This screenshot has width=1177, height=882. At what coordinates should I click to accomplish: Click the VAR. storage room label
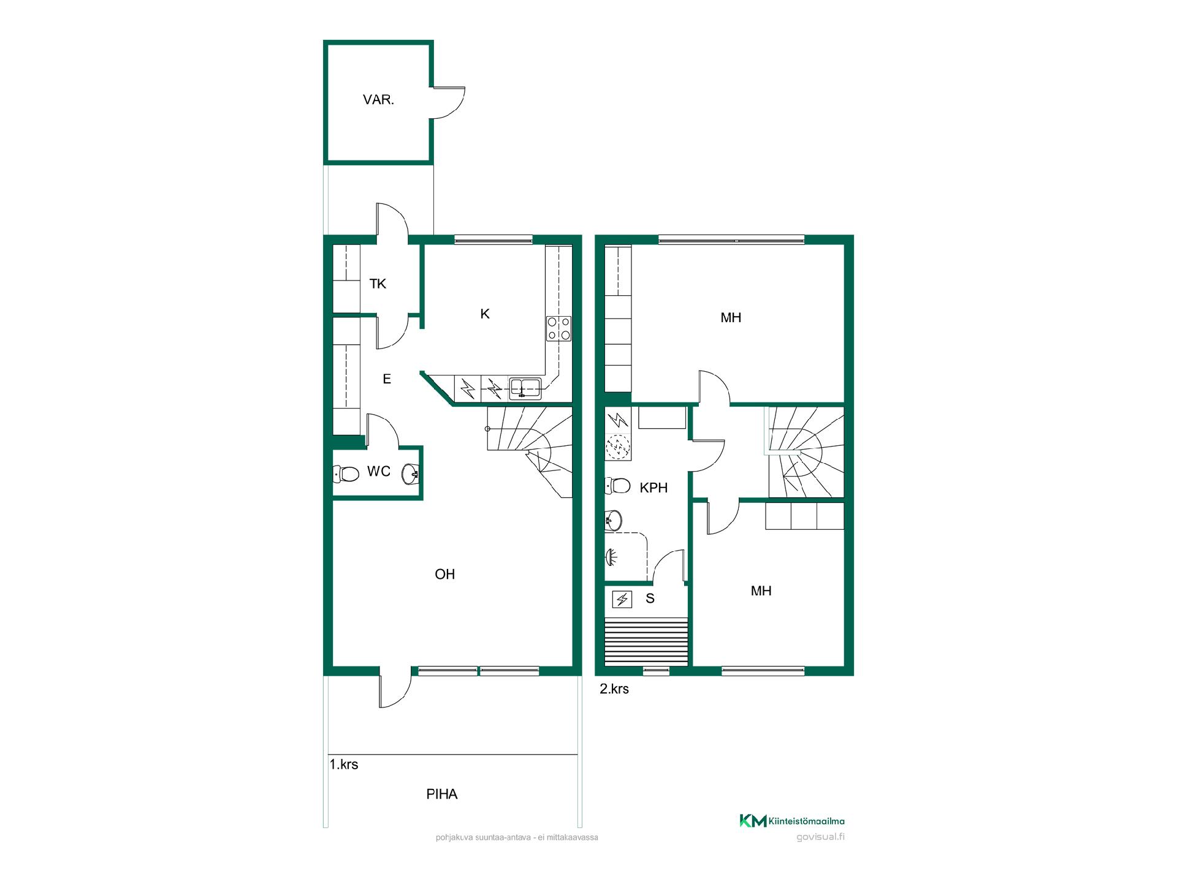coord(378,100)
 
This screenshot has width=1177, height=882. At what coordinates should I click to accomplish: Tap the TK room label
coord(378,284)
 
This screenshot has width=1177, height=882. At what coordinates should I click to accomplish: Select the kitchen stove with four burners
coord(558,328)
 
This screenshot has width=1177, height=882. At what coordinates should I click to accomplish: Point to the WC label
coord(379,472)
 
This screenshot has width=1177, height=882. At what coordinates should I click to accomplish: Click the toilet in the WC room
coord(346,474)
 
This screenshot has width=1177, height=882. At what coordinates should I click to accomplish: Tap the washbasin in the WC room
coord(411,473)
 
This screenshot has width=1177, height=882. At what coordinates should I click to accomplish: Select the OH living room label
coord(445,575)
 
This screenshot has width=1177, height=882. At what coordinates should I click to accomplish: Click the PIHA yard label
coord(442,794)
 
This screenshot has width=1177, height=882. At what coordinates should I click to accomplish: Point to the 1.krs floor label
coord(344,764)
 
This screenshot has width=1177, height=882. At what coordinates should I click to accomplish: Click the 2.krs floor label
coord(614,689)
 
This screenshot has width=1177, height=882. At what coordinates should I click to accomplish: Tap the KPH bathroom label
coord(653,488)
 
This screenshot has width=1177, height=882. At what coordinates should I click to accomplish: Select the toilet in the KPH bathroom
coord(617,486)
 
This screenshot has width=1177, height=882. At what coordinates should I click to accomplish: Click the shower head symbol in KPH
coord(611,557)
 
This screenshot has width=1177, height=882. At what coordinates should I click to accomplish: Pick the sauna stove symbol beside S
coord(622,599)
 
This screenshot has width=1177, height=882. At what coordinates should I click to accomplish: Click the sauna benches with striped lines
coord(646,641)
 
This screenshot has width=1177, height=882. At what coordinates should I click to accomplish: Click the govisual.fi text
coord(820,837)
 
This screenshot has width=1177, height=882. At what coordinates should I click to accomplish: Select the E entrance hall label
coord(387,379)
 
